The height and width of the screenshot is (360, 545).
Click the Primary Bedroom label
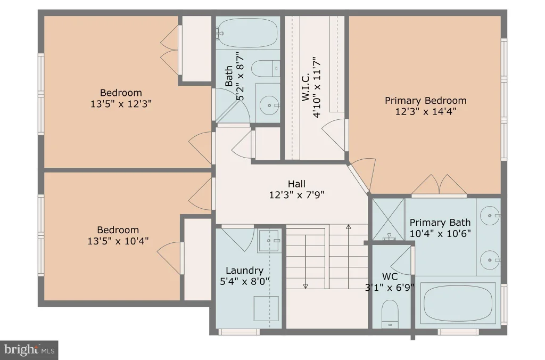pos(425,101)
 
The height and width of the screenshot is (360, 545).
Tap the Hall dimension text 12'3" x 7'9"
pos(296,195)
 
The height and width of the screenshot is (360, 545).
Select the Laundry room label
pos(244,271)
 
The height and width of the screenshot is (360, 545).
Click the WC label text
pos(390,277)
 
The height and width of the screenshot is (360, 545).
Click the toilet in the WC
pos(390,314)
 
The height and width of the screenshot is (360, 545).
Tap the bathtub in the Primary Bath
pos(458,302)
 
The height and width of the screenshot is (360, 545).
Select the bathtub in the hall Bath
pos(247,33)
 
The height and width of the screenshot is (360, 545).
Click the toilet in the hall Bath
pos(265,69)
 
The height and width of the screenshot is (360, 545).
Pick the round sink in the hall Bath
pos(269,105)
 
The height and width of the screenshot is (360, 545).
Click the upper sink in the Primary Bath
pos(490,216)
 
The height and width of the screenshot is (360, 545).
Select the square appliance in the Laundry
pos(266,308)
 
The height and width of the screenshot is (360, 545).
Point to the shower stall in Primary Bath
pos(388,219)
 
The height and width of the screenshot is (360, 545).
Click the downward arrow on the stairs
pos(305,261)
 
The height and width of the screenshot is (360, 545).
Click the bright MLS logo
pos(29,349)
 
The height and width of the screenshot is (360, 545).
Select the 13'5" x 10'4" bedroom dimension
pos(118,241)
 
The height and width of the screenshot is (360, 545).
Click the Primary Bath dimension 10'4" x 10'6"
pos(440,233)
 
